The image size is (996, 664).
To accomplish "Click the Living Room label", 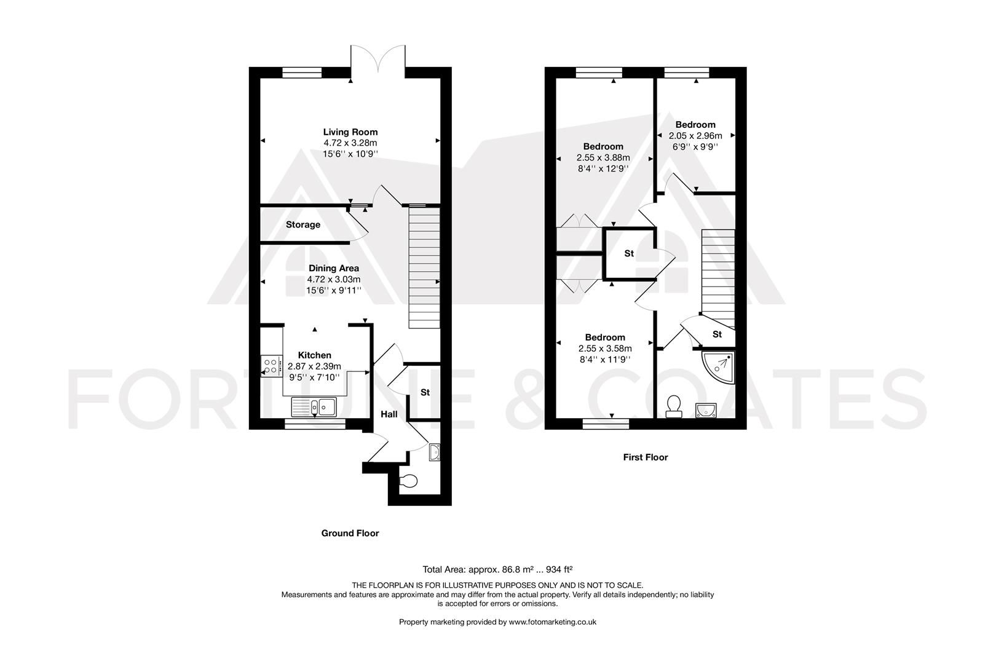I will (x=350, y=132).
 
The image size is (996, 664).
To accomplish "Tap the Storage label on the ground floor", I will (x=302, y=225).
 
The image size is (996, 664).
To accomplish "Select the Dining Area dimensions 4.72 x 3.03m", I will (x=334, y=279).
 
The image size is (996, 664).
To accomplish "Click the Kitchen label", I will (x=314, y=355).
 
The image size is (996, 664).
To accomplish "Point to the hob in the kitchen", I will (x=270, y=366).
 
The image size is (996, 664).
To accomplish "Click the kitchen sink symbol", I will (x=314, y=406).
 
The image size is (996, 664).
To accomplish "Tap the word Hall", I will (x=389, y=414).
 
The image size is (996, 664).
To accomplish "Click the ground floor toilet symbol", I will (x=408, y=481).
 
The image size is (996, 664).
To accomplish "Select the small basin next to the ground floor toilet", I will (x=435, y=452).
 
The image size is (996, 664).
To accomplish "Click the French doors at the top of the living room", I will (x=377, y=61).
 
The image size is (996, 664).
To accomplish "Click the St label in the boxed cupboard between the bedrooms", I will (x=629, y=253).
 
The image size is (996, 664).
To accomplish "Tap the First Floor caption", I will (x=645, y=457).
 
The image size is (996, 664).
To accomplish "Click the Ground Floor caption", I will (x=350, y=534).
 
